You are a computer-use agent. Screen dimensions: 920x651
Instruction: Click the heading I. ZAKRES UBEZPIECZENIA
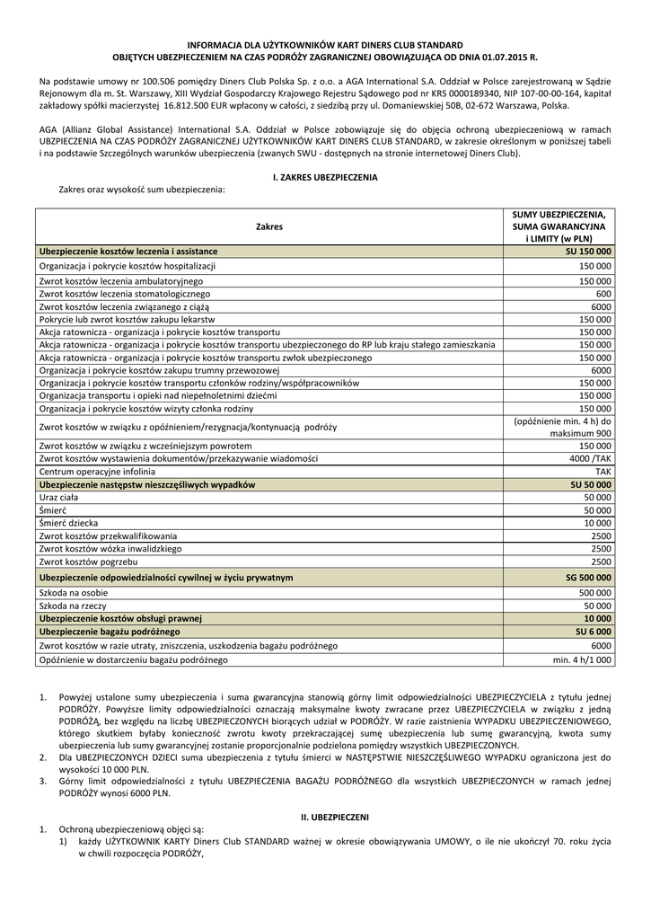pos(325,178)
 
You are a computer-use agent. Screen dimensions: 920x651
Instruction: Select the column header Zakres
pos(268,227)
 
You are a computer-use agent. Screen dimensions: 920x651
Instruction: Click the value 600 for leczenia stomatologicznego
pos(603,294)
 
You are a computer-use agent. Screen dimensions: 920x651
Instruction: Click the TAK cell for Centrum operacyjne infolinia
pos(603,472)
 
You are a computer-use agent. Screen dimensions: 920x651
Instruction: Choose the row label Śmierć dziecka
pos(69,523)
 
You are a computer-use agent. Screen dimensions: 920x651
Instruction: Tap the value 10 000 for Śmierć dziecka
pos(598,523)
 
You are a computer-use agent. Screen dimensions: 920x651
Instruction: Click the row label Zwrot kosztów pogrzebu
pos(87,562)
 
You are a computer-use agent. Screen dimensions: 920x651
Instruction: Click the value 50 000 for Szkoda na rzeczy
pos(596,606)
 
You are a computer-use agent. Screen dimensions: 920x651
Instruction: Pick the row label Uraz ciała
pos(58,497)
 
